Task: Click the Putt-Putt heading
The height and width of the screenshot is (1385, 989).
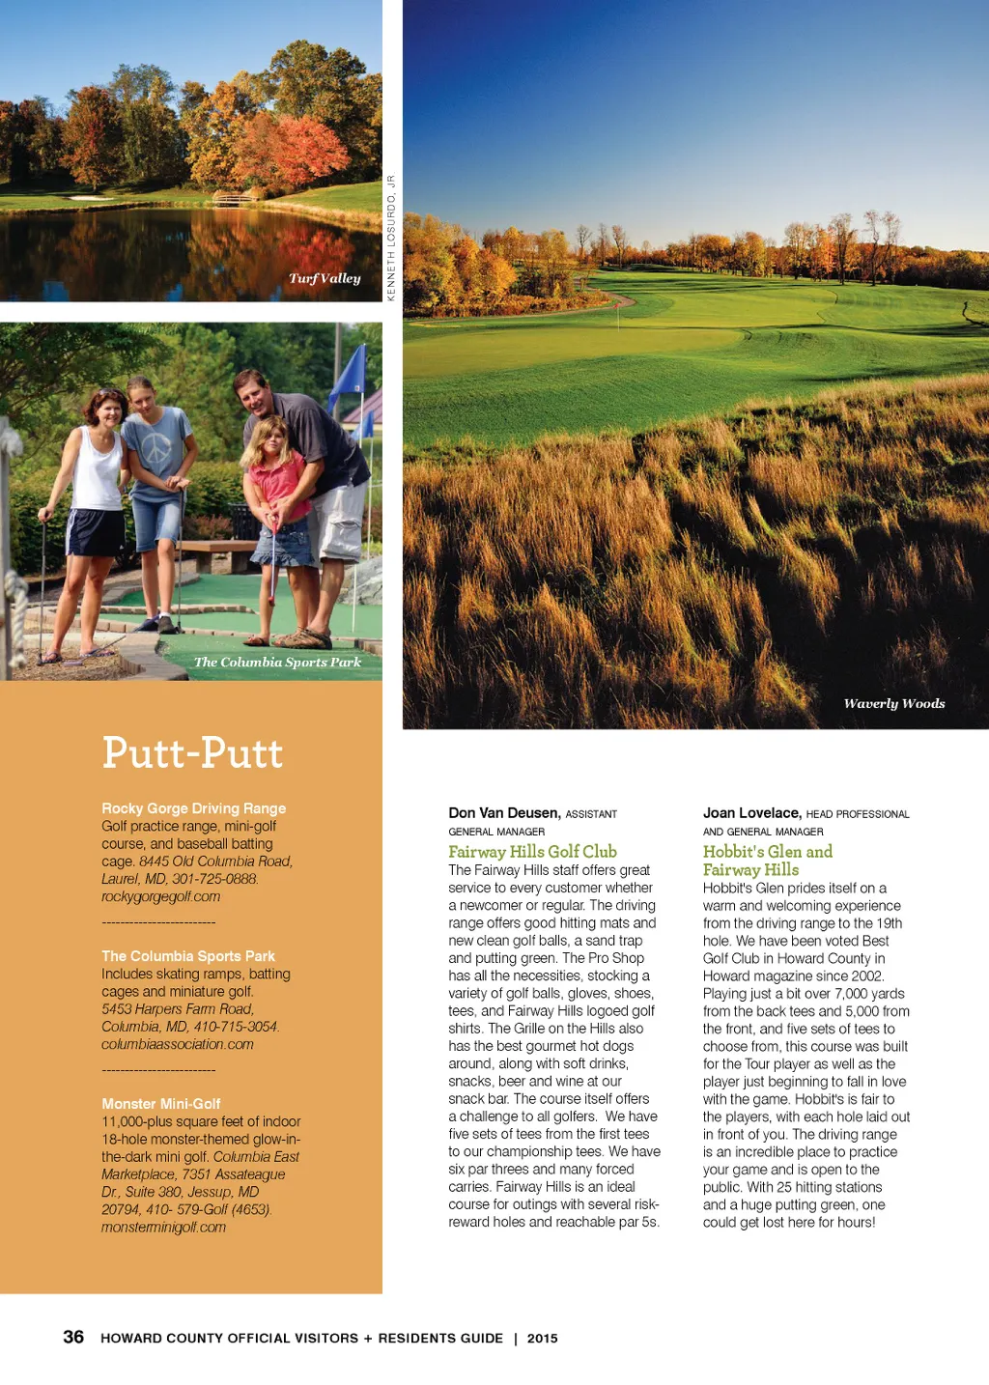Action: point(192,753)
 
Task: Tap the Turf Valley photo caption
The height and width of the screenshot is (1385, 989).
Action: point(325,278)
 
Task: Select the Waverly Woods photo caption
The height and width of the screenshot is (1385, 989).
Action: point(893,703)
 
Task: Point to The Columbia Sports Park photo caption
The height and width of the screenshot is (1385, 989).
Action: point(277,662)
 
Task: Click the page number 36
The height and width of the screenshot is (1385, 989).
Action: point(73,1337)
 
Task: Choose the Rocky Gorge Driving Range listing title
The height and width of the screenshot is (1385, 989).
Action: point(193,808)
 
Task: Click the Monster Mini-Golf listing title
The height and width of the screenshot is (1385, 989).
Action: point(160,1103)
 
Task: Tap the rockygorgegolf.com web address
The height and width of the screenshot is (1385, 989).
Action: point(160,896)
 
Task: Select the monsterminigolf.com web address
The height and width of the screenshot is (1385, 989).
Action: point(163,1227)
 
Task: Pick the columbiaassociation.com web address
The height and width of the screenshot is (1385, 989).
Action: point(177,1044)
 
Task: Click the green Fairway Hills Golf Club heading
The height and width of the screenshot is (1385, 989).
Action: point(532,851)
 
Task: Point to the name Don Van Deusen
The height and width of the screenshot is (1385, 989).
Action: point(503,813)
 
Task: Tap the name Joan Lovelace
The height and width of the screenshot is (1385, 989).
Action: point(750,813)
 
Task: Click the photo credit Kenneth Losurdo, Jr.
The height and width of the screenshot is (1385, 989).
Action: point(391,238)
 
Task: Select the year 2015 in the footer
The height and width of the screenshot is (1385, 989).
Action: point(542,1338)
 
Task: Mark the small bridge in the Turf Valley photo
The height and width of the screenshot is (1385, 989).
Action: point(235,198)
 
